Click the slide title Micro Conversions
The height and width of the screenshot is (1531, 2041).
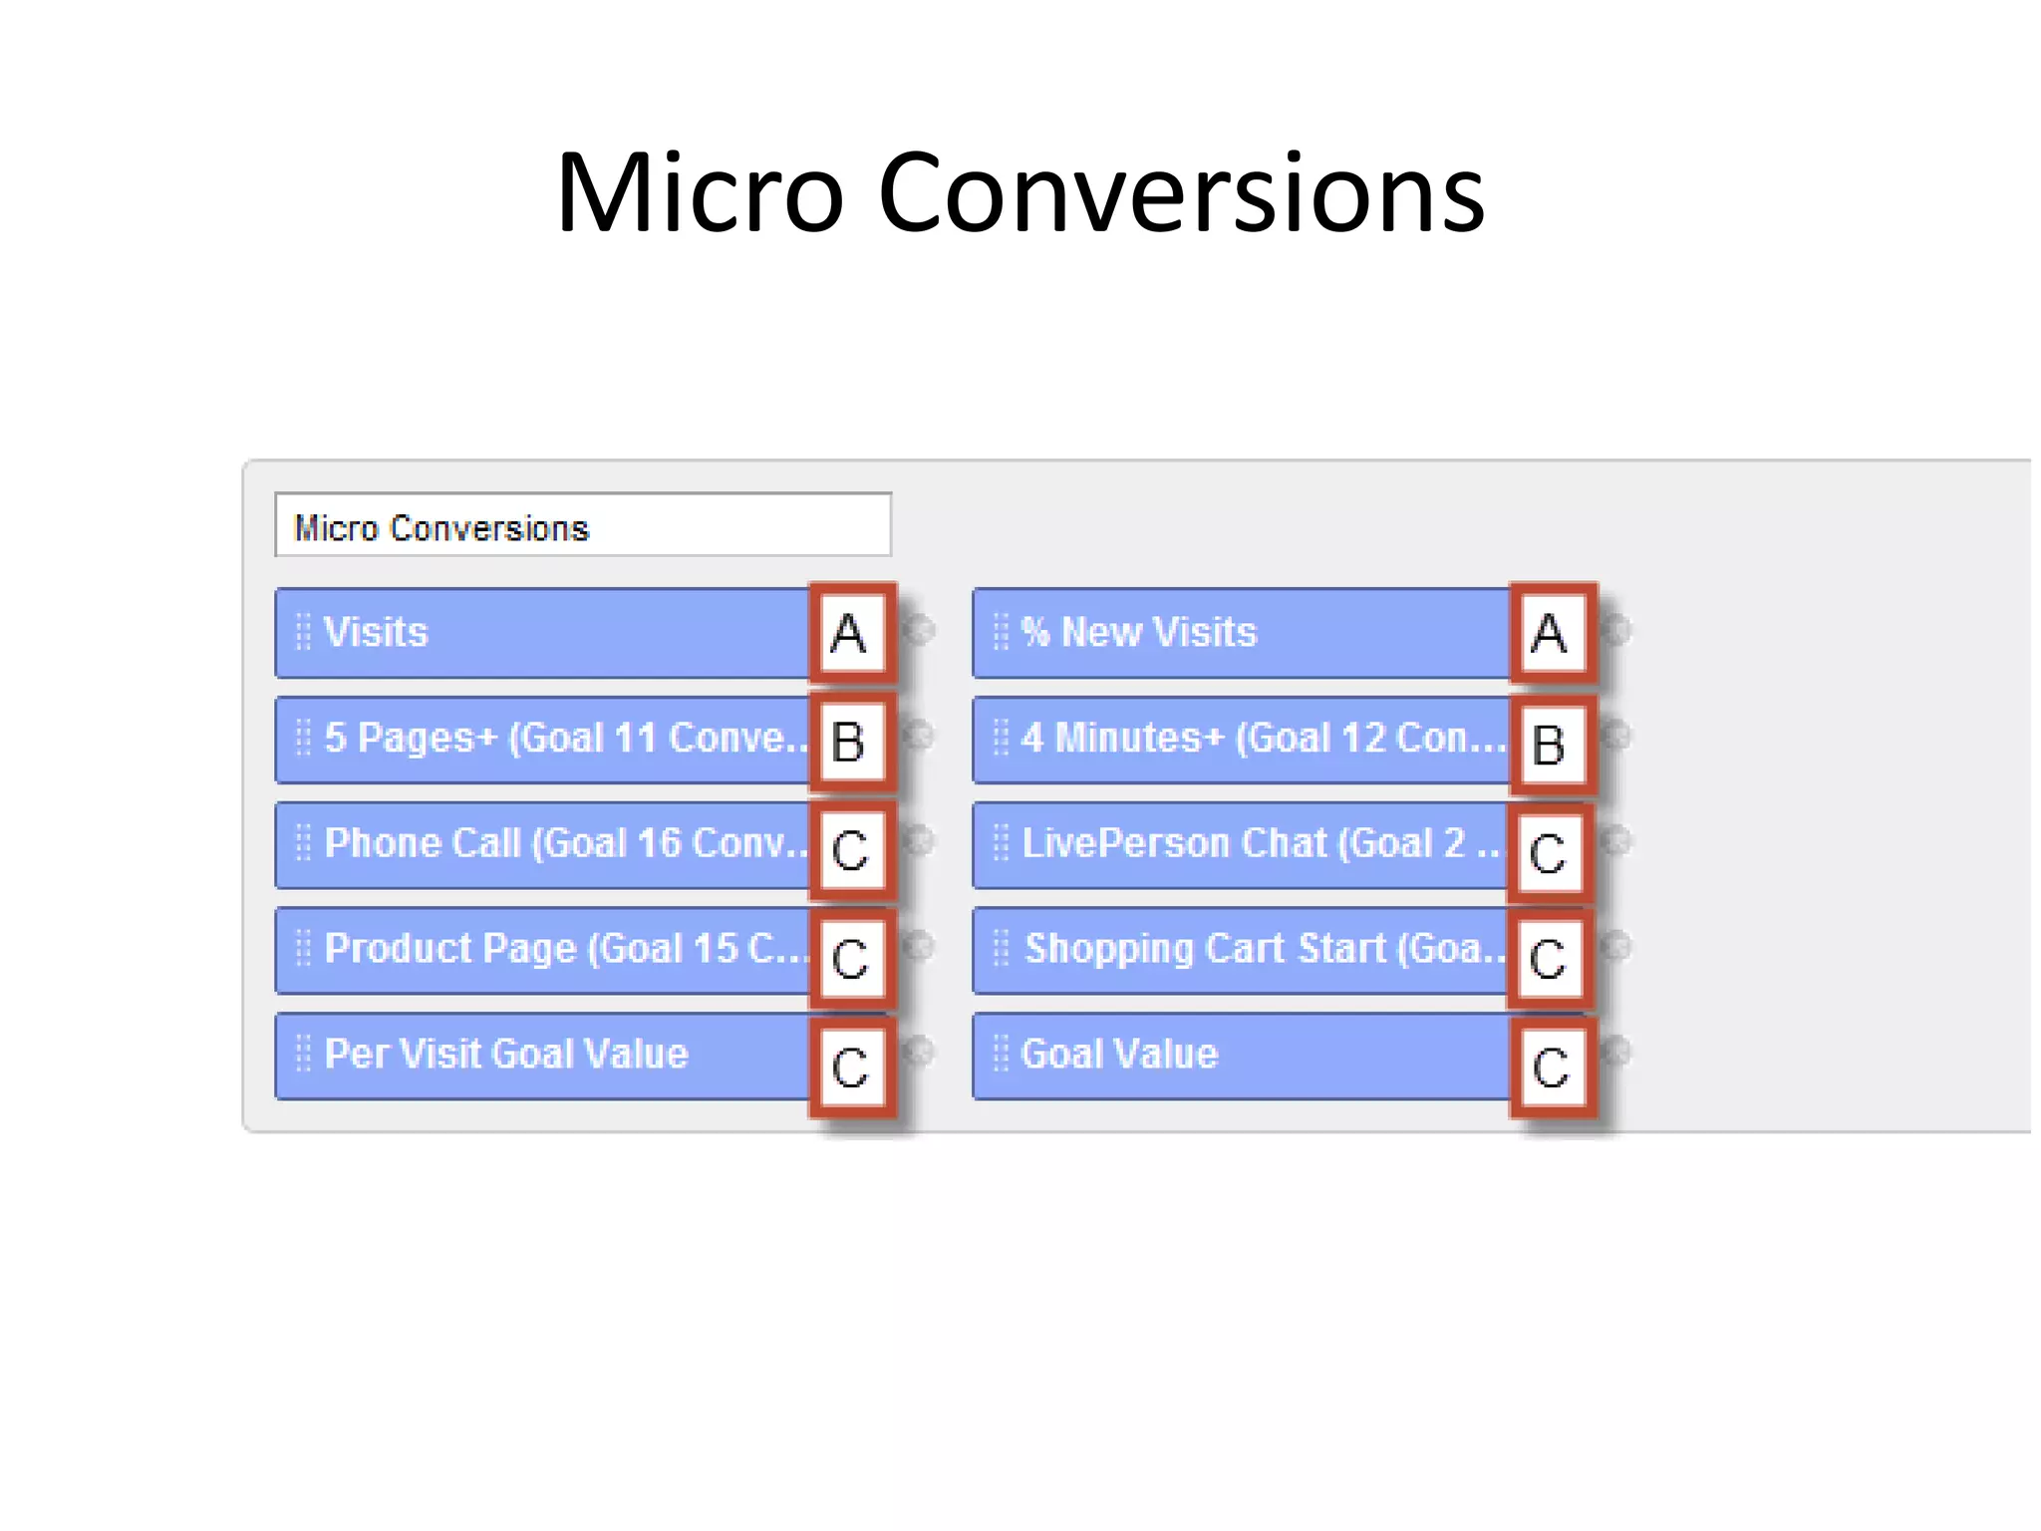click(x=1020, y=191)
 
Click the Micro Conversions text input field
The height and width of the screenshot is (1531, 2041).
click(x=582, y=525)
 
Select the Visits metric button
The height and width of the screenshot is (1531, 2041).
click(x=543, y=633)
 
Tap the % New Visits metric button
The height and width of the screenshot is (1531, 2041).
click(x=1241, y=633)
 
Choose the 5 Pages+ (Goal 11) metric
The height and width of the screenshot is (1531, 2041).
click(x=543, y=739)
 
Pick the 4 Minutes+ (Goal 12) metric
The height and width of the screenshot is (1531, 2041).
click(x=1241, y=739)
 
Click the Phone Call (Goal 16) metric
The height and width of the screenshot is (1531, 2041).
click(x=543, y=844)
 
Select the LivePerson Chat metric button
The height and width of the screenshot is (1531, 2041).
click(x=1241, y=844)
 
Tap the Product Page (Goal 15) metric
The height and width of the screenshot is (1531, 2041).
click(x=543, y=949)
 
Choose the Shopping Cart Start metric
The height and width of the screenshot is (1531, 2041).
click(x=1241, y=949)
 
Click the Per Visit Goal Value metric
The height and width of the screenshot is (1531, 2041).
click(x=543, y=1055)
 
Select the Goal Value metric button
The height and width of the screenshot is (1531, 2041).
click(x=1241, y=1055)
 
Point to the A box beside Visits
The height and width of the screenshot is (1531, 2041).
click(x=850, y=634)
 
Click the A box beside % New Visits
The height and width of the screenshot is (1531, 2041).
click(x=1551, y=634)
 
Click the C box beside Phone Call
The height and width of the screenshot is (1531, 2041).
click(x=850, y=850)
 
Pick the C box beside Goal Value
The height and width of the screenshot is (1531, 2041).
click(x=1551, y=1067)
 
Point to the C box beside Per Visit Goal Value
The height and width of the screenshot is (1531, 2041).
click(x=850, y=1067)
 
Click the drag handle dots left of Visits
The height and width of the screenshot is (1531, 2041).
click(x=303, y=632)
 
